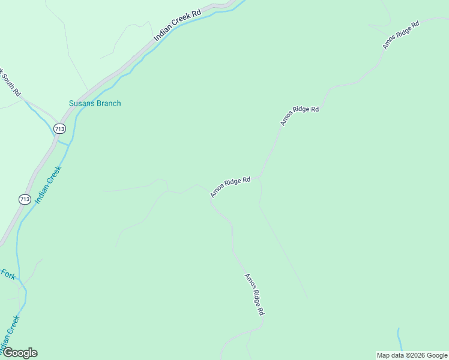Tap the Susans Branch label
[x=95, y=103]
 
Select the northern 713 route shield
[x=59, y=129]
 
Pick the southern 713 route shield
[x=25, y=199]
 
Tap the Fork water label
[x=8, y=274]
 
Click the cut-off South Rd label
[x=11, y=83]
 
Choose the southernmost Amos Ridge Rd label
[x=255, y=295]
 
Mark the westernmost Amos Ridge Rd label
[x=230, y=187]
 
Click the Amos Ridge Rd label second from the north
[x=299, y=115]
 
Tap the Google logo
[x=20, y=353]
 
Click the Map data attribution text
[x=412, y=355]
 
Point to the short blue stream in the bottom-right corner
[x=399, y=342]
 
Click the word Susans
[x=82, y=103]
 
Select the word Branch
[x=109, y=103]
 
